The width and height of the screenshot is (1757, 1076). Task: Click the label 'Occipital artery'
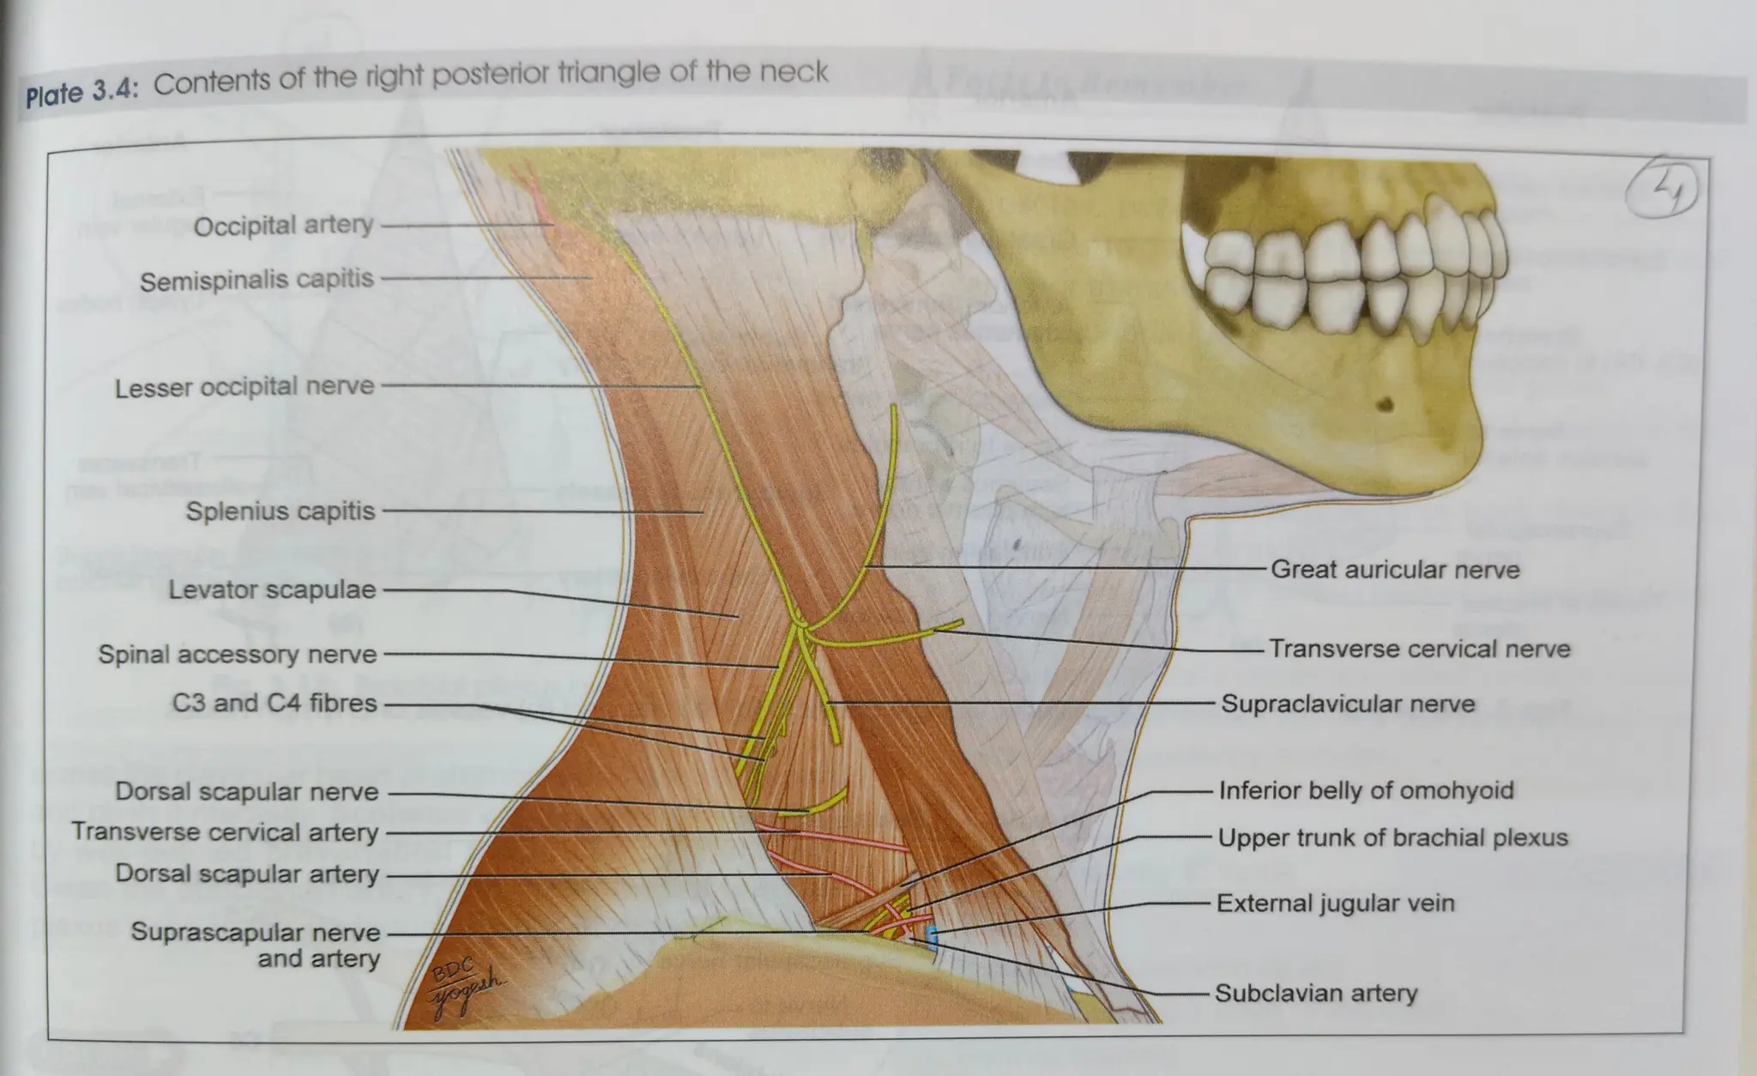pyautogui.click(x=283, y=226)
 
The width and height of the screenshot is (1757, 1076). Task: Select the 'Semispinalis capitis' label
pyautogui.click(x=257, y=280)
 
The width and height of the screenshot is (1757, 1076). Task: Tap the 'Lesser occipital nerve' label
pyautogui.click(x=245, y=387)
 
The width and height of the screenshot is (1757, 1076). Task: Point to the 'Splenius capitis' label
pyautogui.click(x=281, y=511)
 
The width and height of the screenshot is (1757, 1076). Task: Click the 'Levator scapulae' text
pyautogui.click(x=272, y=590)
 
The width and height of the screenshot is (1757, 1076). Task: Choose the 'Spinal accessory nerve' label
pyautogui.click(x=238, y=655)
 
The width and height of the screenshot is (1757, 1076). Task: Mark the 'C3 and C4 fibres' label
pyautogui.click(x=275, y=704)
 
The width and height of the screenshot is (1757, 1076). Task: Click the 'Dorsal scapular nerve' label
pyautogui.click(x=247, y=792)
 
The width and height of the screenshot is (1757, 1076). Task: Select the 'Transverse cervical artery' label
pyautogui.click(x=225, y=832)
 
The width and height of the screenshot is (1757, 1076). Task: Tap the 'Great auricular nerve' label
pyautogui.click(x=1395, y=570)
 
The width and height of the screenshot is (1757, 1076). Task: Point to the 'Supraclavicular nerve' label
pyautogui.click(x=1348, y=704)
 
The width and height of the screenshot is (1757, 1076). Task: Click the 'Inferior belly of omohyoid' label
pyautogui.click(x=1366, y=790)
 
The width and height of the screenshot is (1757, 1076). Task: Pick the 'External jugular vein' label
pyautogui.click(x=1335, y=904)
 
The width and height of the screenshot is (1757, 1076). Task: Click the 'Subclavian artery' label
pyautogui.click(x=1316, y=994)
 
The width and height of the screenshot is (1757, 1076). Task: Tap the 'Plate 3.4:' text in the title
pyautogui.click(x=82, y=92)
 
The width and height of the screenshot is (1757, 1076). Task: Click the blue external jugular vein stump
pyautogui.click(x=933, y=935)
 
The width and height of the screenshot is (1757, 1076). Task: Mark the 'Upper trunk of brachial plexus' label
pyautogui.click(x=1392, y=838)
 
